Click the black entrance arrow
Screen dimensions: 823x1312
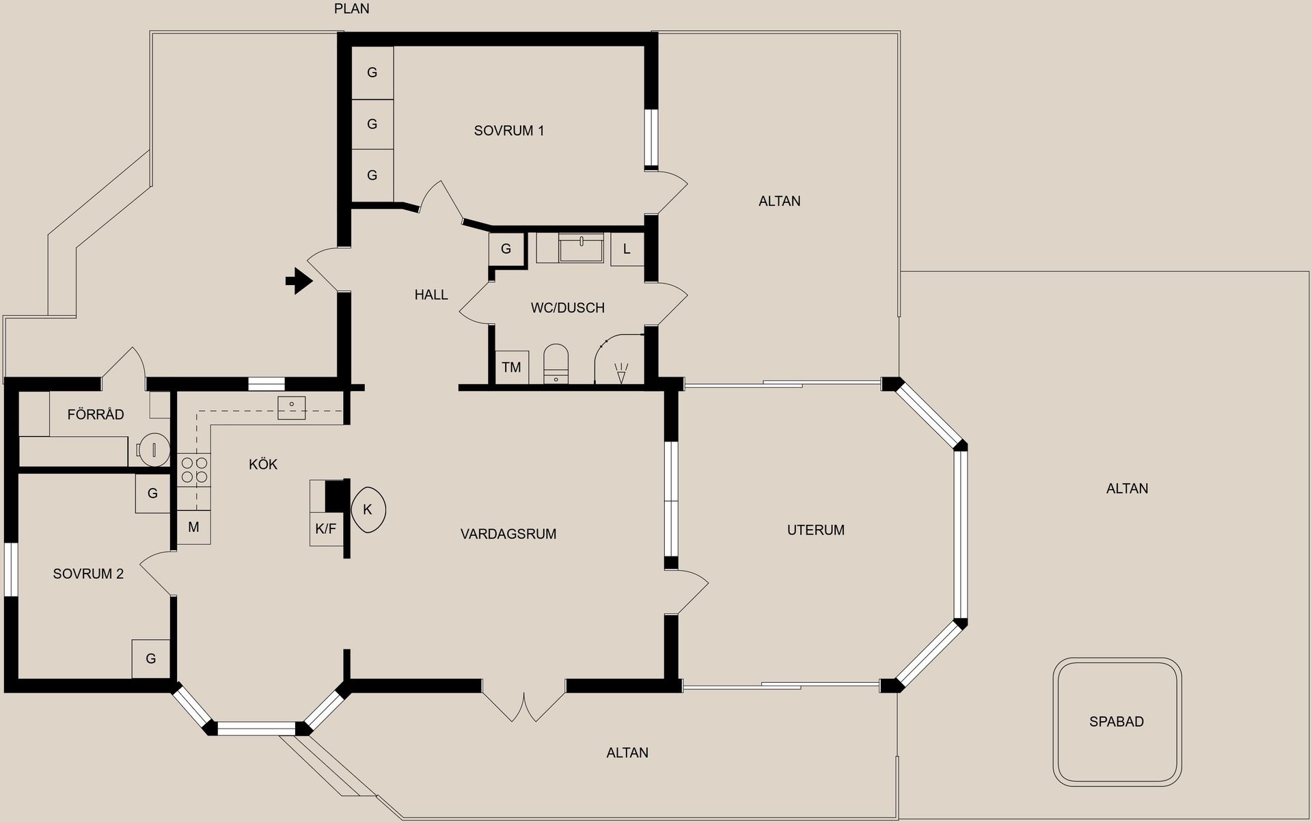pos(298,280)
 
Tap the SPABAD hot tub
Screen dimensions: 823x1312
pos(1117,721)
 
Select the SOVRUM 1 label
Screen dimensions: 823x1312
pos(509,131)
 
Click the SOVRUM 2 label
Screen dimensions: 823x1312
pos(88,574)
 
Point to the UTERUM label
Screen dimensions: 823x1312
pos(815,530)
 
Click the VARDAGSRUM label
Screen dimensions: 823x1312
pos(508,534)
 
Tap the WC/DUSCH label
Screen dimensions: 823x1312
pos(567,308)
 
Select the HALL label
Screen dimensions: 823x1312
pos(430,295)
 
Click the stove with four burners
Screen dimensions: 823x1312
pos(194,470)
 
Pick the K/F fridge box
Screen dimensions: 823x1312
pos(325,528)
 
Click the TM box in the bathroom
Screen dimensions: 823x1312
pos(511,367)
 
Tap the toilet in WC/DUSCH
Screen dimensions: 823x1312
pos(556,363)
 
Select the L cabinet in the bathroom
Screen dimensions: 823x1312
pos(627,249)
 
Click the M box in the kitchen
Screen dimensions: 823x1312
pos(193,527)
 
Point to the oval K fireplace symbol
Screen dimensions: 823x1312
pos(368,509)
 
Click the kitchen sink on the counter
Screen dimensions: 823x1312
pos(292,408)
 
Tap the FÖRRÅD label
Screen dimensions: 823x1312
pos(96,414)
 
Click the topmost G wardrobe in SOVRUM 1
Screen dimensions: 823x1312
pos(372,72)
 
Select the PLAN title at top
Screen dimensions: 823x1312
pos(351,9)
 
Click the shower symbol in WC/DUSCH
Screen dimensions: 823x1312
pos(620,372)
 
